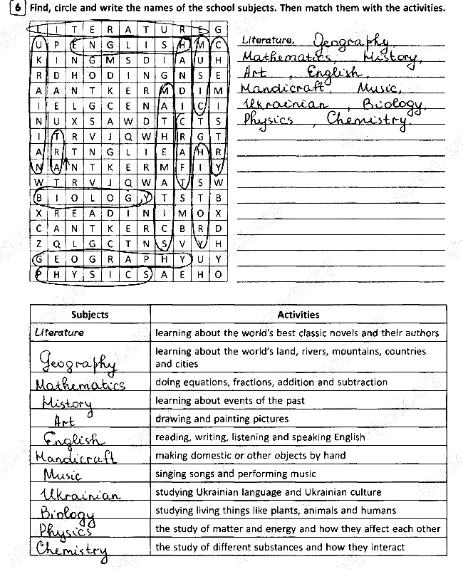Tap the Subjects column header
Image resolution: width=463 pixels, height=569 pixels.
click(90, 314)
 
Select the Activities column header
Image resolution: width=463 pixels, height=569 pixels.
click(298, 314)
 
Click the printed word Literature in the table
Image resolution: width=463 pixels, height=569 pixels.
click(59, 333)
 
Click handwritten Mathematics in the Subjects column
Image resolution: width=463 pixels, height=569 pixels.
click(80, 385)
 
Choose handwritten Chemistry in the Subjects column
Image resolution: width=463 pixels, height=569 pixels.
click(72, 549)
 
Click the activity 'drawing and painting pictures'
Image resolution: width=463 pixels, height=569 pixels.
click(222, 419)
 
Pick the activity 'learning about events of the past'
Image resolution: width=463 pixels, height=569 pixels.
click(229, 400)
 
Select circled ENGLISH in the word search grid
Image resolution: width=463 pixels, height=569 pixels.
click(118, 45)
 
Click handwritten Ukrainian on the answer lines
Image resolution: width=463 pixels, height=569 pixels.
click(284, 105)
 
